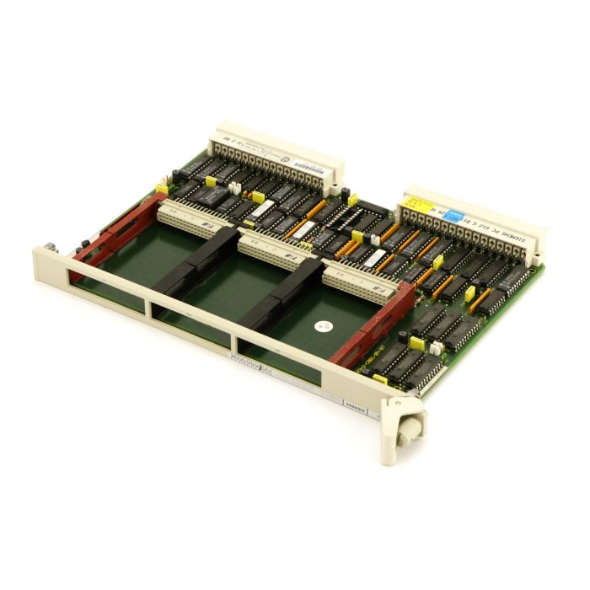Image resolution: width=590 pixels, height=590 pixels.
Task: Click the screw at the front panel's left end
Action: (x=52, y=247)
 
